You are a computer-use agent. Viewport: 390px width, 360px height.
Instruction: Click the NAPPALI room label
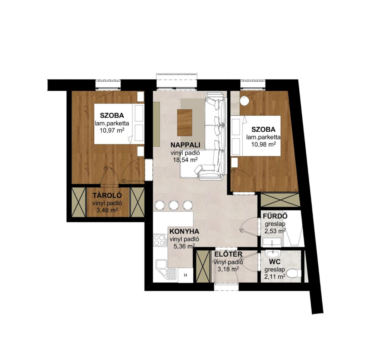tap(185, 145)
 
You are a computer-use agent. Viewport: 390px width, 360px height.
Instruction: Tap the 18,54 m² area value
tap(185, 160)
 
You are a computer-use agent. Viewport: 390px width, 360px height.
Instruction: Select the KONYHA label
tap(184, 231)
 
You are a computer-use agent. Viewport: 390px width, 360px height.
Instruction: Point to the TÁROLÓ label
tap(107, 195)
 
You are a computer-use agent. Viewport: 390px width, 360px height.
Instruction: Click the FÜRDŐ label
tap(275, 216)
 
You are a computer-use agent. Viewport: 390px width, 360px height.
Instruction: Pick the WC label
tap(275, 262)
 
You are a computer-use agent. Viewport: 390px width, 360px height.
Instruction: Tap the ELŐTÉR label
tap(228, 254)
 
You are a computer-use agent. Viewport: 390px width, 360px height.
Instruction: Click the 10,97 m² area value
tap(112, 130)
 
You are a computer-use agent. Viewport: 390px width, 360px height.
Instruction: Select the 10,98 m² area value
tap(263, 145)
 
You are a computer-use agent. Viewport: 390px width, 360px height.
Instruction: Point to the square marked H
tap(185, 276)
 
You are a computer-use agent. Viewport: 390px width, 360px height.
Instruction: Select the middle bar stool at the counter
tap(174, 205)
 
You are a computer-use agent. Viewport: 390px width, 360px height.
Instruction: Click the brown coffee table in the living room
tap(184, 123)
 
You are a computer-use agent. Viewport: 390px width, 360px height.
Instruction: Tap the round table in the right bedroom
tap(245, 100)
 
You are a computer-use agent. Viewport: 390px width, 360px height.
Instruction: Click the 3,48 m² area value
tap(107, 210)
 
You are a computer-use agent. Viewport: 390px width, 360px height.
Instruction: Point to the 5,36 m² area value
tap(184, 246)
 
